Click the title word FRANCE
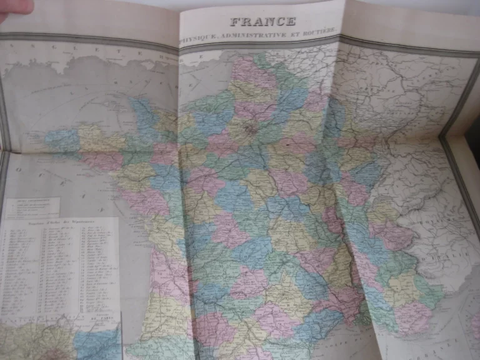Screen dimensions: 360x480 (x=263, y=21)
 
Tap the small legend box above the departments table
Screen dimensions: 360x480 (x=31, y=207)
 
